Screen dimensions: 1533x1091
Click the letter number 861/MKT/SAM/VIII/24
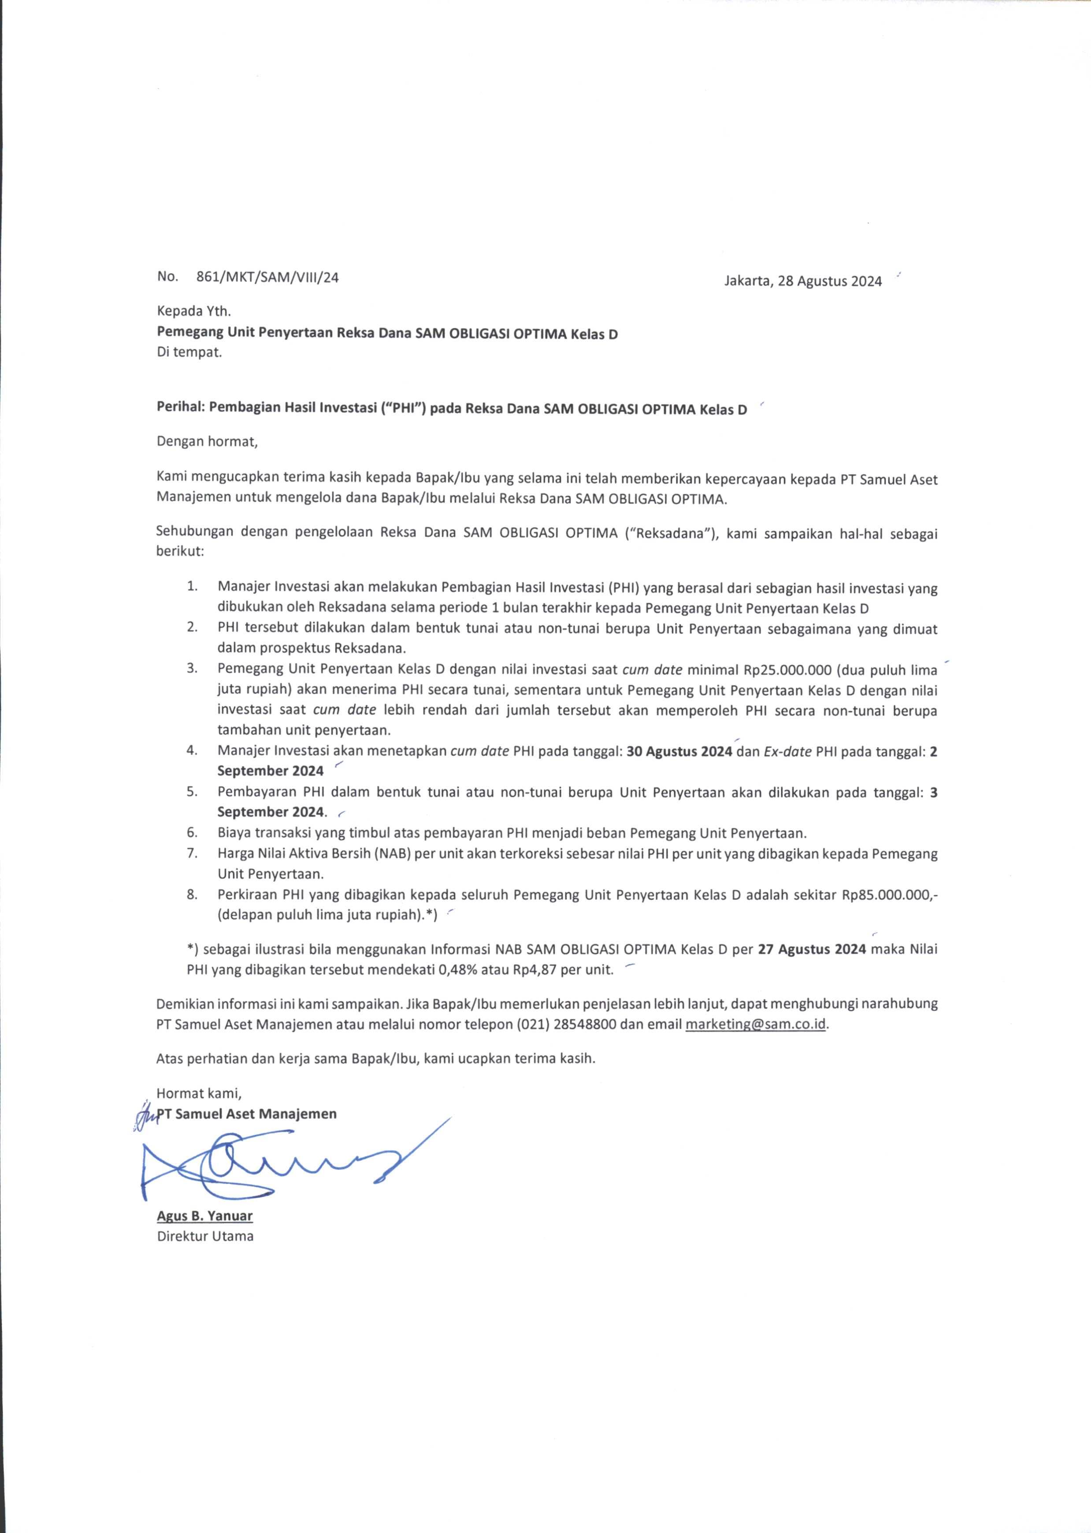click(267, 277)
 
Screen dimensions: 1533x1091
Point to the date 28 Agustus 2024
click(829, 281)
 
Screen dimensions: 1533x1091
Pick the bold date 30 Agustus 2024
click(679, 752)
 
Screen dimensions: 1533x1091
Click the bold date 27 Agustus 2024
click(812, 949)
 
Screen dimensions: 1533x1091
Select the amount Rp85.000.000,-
click(890, 895)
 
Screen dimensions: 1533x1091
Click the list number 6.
click(192, 833)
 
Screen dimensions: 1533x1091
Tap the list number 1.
click(192, 586)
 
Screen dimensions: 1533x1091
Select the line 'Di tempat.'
click(189, 352)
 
